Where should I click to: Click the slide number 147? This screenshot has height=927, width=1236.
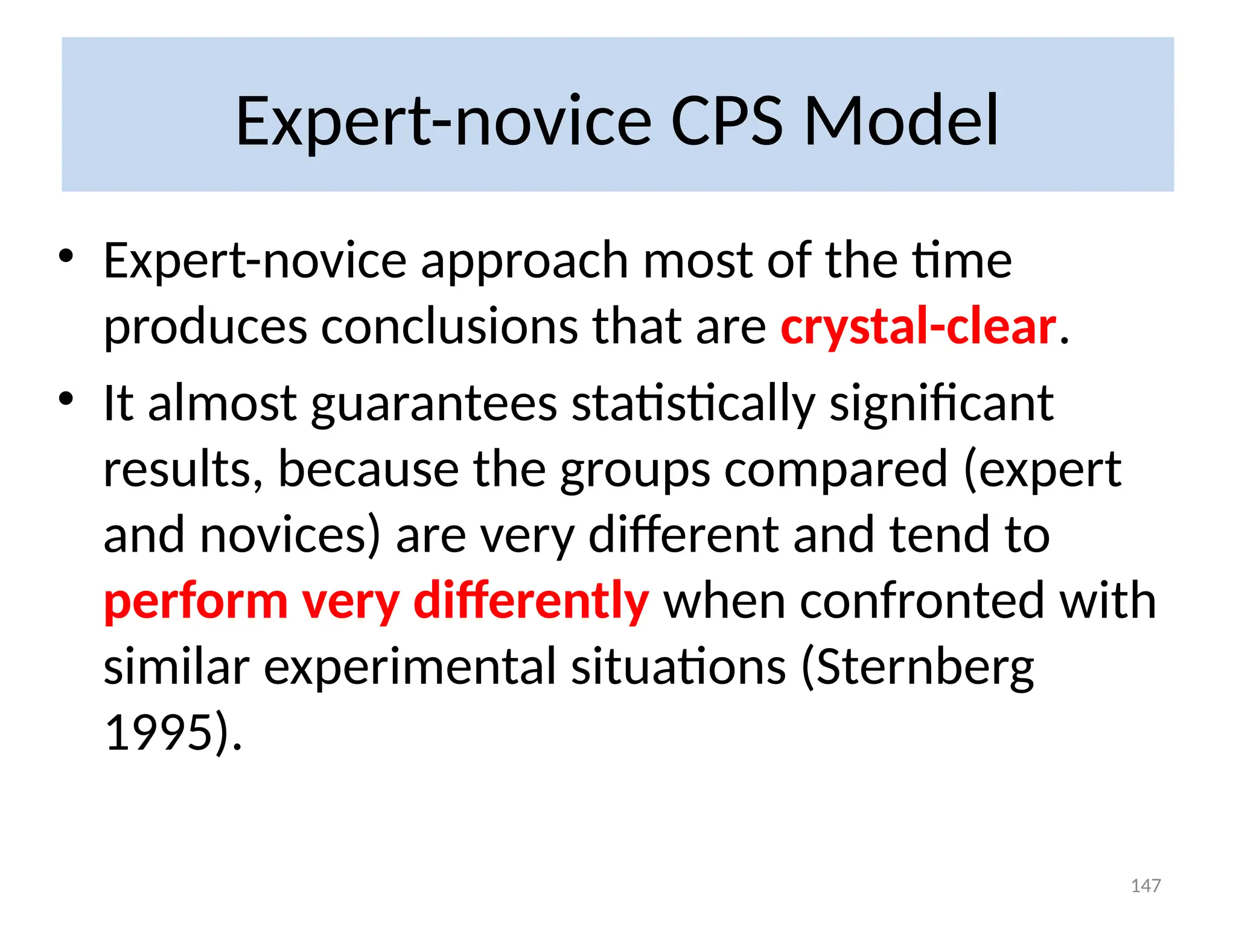[1145, 885]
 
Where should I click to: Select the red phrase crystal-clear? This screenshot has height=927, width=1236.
[918, 327]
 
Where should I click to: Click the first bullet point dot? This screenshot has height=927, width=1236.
[66, 256]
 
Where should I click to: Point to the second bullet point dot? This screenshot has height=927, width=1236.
[66, 398]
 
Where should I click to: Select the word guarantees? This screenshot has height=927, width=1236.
[434, 404]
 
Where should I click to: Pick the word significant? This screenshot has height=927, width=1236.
[941, 404]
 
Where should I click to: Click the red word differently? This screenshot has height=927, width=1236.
[531, 601]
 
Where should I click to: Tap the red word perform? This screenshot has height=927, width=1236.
[196, 601]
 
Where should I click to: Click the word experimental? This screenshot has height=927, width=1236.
[410, 667]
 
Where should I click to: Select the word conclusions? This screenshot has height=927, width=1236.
[450, 327]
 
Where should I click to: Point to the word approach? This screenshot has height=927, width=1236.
[524, 261]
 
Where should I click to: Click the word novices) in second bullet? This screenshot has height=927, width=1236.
[290, 535]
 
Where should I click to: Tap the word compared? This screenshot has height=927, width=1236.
[836, 470]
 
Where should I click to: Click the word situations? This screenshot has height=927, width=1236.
[679, 667]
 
